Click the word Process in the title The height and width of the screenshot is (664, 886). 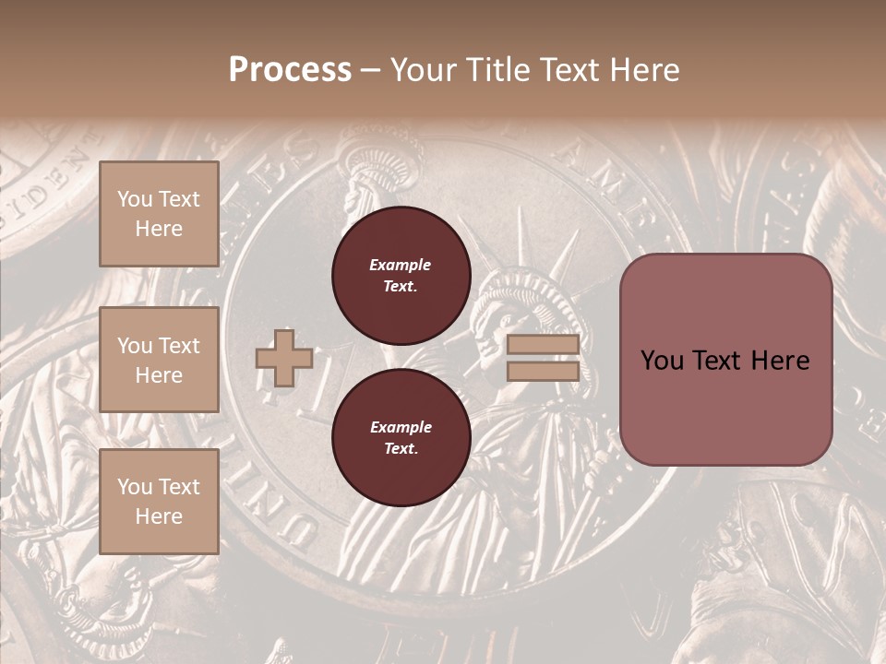coord(290,70)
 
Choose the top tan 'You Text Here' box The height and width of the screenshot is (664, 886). coord(159,214)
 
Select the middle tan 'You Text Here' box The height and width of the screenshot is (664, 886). coord(159,360)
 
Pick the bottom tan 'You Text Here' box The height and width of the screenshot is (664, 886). coord(159,502)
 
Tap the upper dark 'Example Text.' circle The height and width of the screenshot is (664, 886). coord(401,275)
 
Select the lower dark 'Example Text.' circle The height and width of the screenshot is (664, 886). coord(401,437)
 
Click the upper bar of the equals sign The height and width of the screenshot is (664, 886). coord(543,345)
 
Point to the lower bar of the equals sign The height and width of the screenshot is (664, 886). coord(543,372)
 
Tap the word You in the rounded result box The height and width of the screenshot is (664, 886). coord(662,361)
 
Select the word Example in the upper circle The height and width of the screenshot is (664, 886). coord(401,265)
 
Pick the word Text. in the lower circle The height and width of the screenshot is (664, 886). coord(401,448)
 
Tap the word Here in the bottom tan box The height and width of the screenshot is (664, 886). coord(159,516)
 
